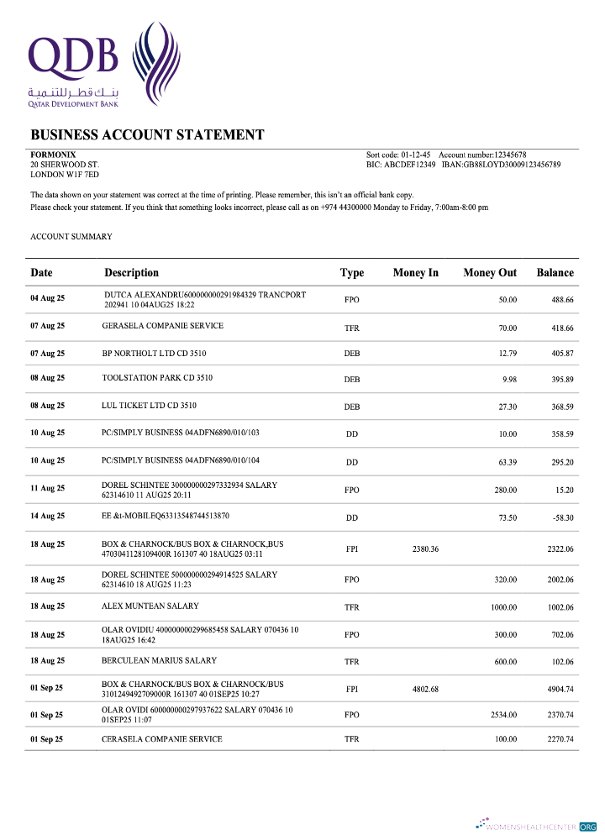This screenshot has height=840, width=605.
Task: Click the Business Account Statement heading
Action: [x=147, y=134]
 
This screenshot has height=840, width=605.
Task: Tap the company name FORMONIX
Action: [x=53, y=155]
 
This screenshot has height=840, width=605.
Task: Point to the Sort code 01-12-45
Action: [x=398, y=155]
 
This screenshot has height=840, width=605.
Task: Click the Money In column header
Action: [x=415, y=272]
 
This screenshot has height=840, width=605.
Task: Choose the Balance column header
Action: [x=555, y=272]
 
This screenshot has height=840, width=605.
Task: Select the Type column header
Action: [x=351, y=272]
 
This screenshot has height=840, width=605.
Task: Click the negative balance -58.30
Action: [x=562, y=518]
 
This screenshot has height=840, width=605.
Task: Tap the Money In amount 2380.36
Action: [x=425, y=549]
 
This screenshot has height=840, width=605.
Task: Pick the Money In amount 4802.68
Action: [x=425, y=689]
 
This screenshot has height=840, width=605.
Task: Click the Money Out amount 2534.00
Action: [x=503, y=715]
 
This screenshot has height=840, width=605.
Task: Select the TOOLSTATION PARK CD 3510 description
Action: [x=157, y=378]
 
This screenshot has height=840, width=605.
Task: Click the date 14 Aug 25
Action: [x=48, y=516]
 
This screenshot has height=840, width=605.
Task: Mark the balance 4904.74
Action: [x=557, y=689]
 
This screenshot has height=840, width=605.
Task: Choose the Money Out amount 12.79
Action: [x=507, y=354]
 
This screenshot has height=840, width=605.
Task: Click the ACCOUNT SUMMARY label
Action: [x=71, y=237]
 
